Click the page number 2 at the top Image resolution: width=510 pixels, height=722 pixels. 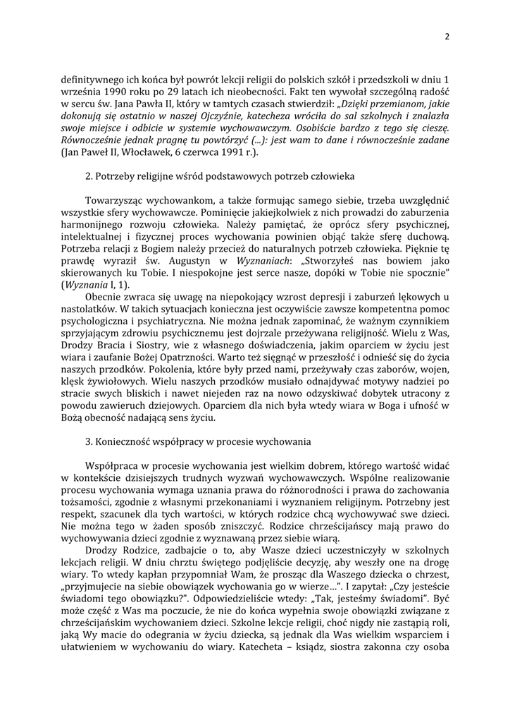(447, 37)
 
